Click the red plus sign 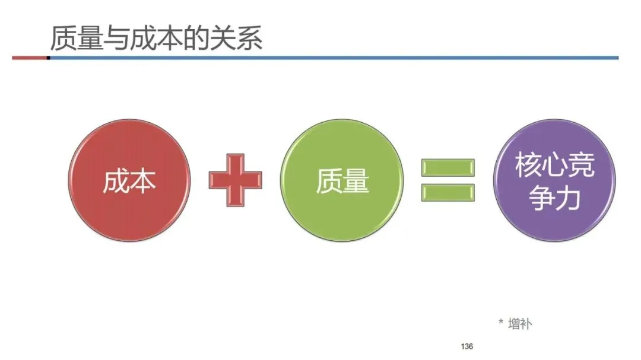[x=235, y=180]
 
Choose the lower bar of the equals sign [x=448, y=193]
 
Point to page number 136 [x=467, y=346]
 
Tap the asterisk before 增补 [x=500, y=322]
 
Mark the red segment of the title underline [x=30, y=58]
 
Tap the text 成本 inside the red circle [x=129, y=181]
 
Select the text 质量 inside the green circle [x=342, y=181]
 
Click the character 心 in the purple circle [x=554, y=165]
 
